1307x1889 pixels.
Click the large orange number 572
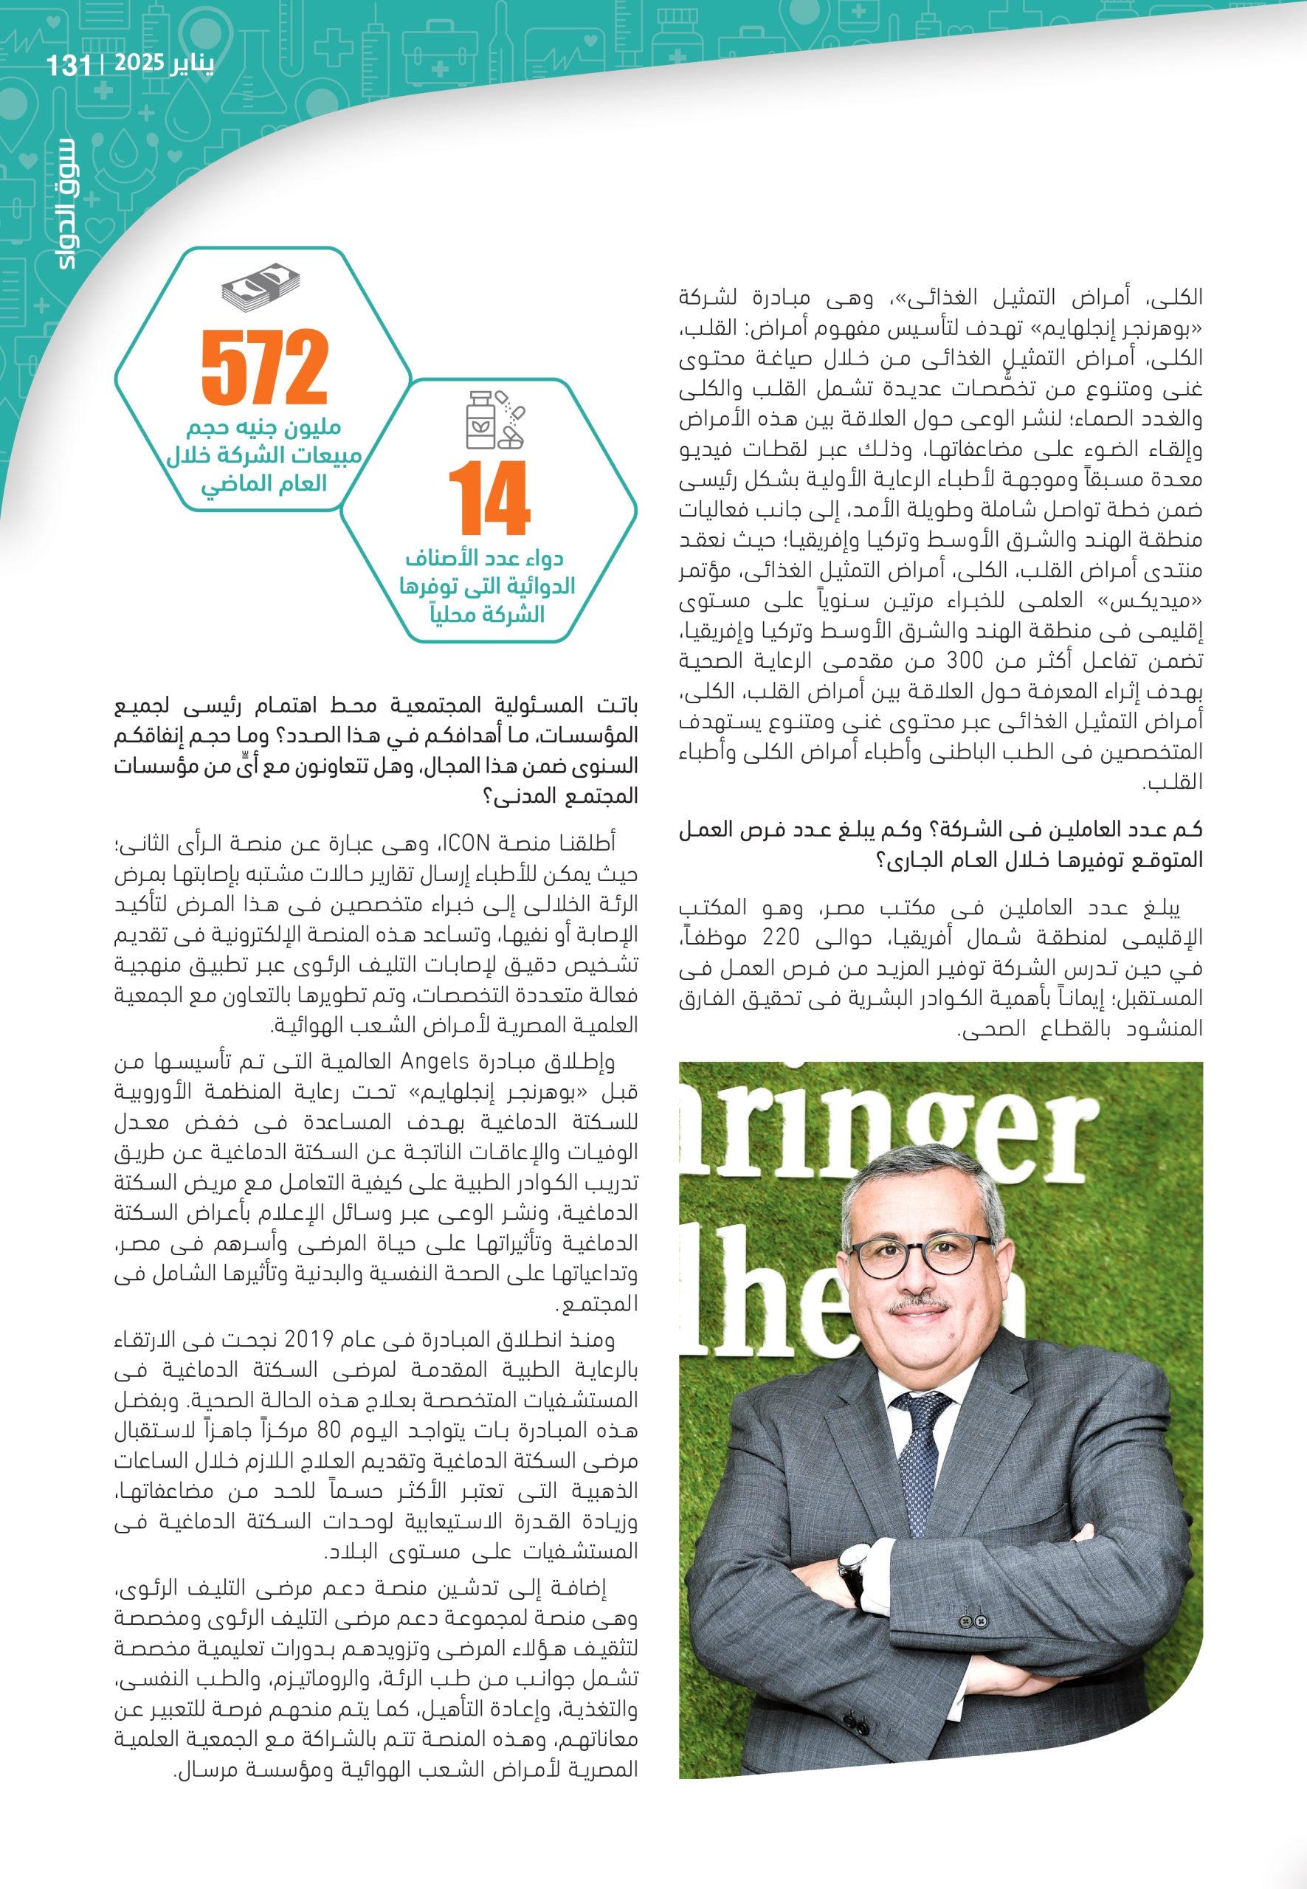(x=264, y=369)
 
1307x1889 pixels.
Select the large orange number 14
(x=488, y=499)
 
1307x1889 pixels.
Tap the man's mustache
(x=921, y=1306)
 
